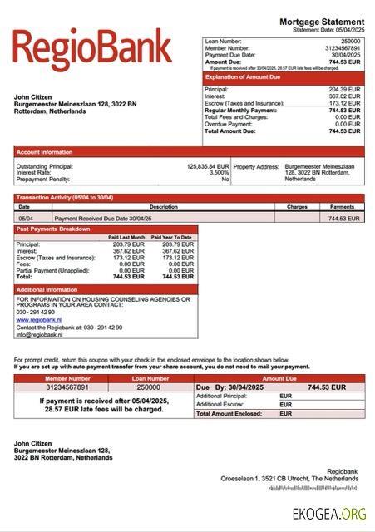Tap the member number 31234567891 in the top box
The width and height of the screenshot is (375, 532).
point(342,48)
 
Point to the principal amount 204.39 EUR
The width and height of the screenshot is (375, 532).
point(344,89)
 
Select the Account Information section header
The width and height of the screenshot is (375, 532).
point(45,152)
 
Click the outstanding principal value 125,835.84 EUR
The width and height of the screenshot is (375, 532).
point(207,166)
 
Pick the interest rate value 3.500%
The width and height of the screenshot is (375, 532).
point(218,173)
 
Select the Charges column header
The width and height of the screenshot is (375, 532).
point(297,206)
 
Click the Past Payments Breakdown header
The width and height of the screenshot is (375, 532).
point(53,229)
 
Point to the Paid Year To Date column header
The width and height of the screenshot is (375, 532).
point(174,237)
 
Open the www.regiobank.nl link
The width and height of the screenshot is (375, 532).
point(39,319)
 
